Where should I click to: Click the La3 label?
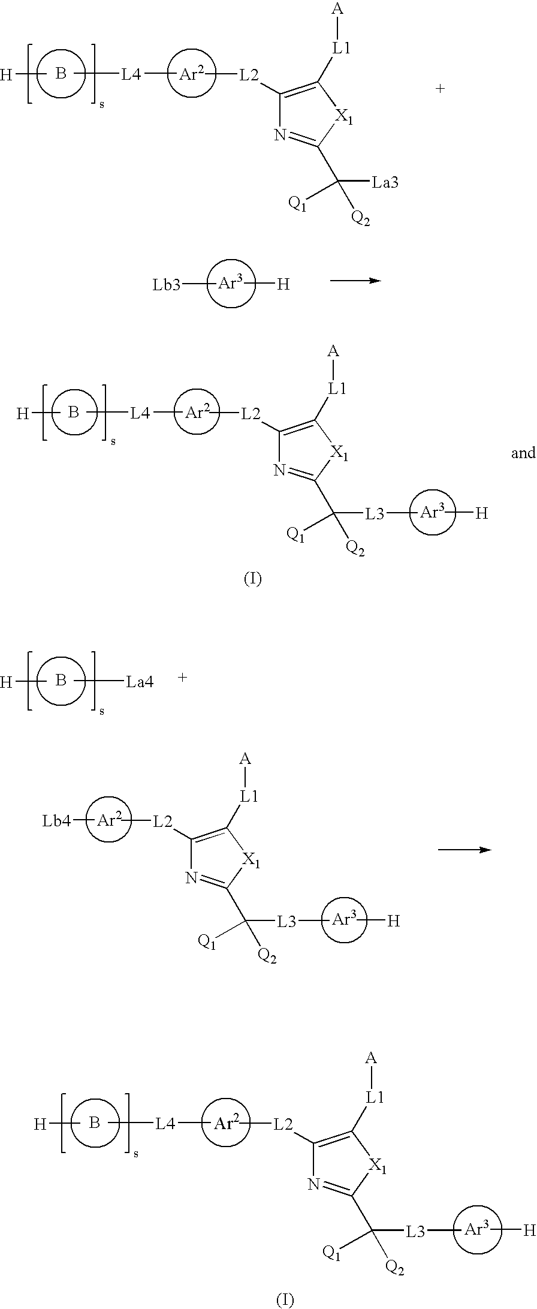click(x=385, y=182)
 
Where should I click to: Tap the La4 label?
click(x=140, y=682)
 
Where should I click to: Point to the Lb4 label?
click(x=56, y=821)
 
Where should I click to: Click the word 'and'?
click(x=523, y=453)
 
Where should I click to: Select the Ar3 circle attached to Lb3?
click(x=231, y=284)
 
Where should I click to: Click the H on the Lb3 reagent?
click(x=283, y=285)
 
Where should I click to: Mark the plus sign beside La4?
click(x=183, y=678)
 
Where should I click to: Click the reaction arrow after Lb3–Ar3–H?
click(x=356, y=280)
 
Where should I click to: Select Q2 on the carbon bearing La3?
click(x=361, y=218)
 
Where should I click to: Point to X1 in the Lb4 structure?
click(x=252, y=861)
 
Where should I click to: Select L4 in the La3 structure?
click(x=132, y=75)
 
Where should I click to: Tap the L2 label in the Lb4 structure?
click(x=163, y=821)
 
